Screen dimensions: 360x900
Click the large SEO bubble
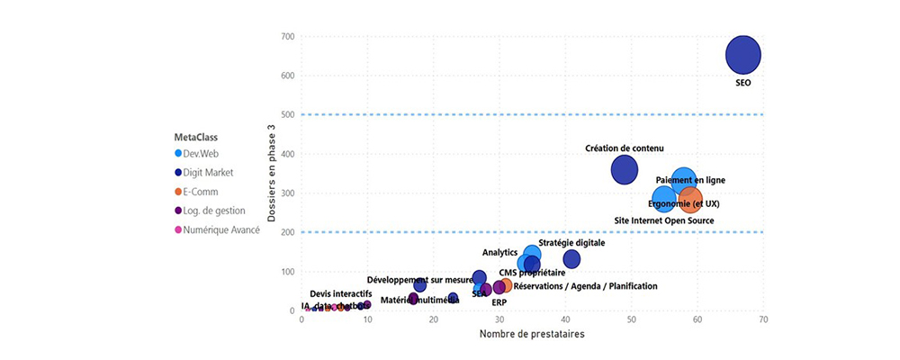[743, 55]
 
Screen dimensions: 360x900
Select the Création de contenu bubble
[625, 168]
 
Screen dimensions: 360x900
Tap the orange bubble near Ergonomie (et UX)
[690, 198]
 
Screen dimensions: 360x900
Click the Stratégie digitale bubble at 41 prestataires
[571, 259]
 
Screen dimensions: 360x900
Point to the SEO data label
[743, 83]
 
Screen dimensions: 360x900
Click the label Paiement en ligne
[690, 180]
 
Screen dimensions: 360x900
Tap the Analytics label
[499, 253]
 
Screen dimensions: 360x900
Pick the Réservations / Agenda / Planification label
[585, 286]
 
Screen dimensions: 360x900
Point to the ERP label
[499, 302]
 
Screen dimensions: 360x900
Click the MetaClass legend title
[195, 137]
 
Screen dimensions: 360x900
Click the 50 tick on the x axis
[631, 320]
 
